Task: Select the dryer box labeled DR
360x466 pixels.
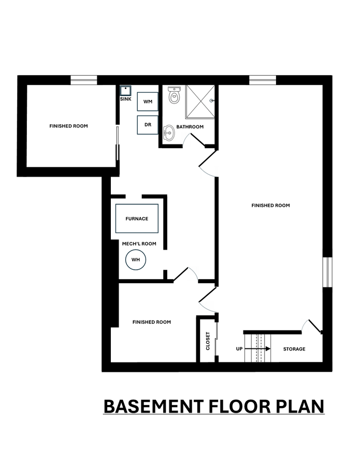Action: [x=147, y=125]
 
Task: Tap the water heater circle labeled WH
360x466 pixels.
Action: [x=136, y=259]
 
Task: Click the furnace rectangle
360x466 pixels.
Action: [x=137, y=219]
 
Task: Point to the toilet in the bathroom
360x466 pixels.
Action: [x=174, y=95]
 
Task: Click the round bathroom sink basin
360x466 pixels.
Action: [x=169, y=133]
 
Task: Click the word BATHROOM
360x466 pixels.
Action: [x=190, y=127]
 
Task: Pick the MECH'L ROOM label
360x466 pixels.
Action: [x=139, y=244]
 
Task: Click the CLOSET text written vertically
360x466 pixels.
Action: [x=208, y=341]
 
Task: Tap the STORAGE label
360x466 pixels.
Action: [x=294, y=349]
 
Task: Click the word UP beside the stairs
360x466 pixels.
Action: [x=239, y=349]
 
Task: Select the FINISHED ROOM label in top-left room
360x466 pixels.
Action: [x=68, y=126]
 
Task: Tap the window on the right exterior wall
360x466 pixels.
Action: [x=327, y=272]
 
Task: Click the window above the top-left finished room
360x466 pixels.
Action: [x=83, y=80]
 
